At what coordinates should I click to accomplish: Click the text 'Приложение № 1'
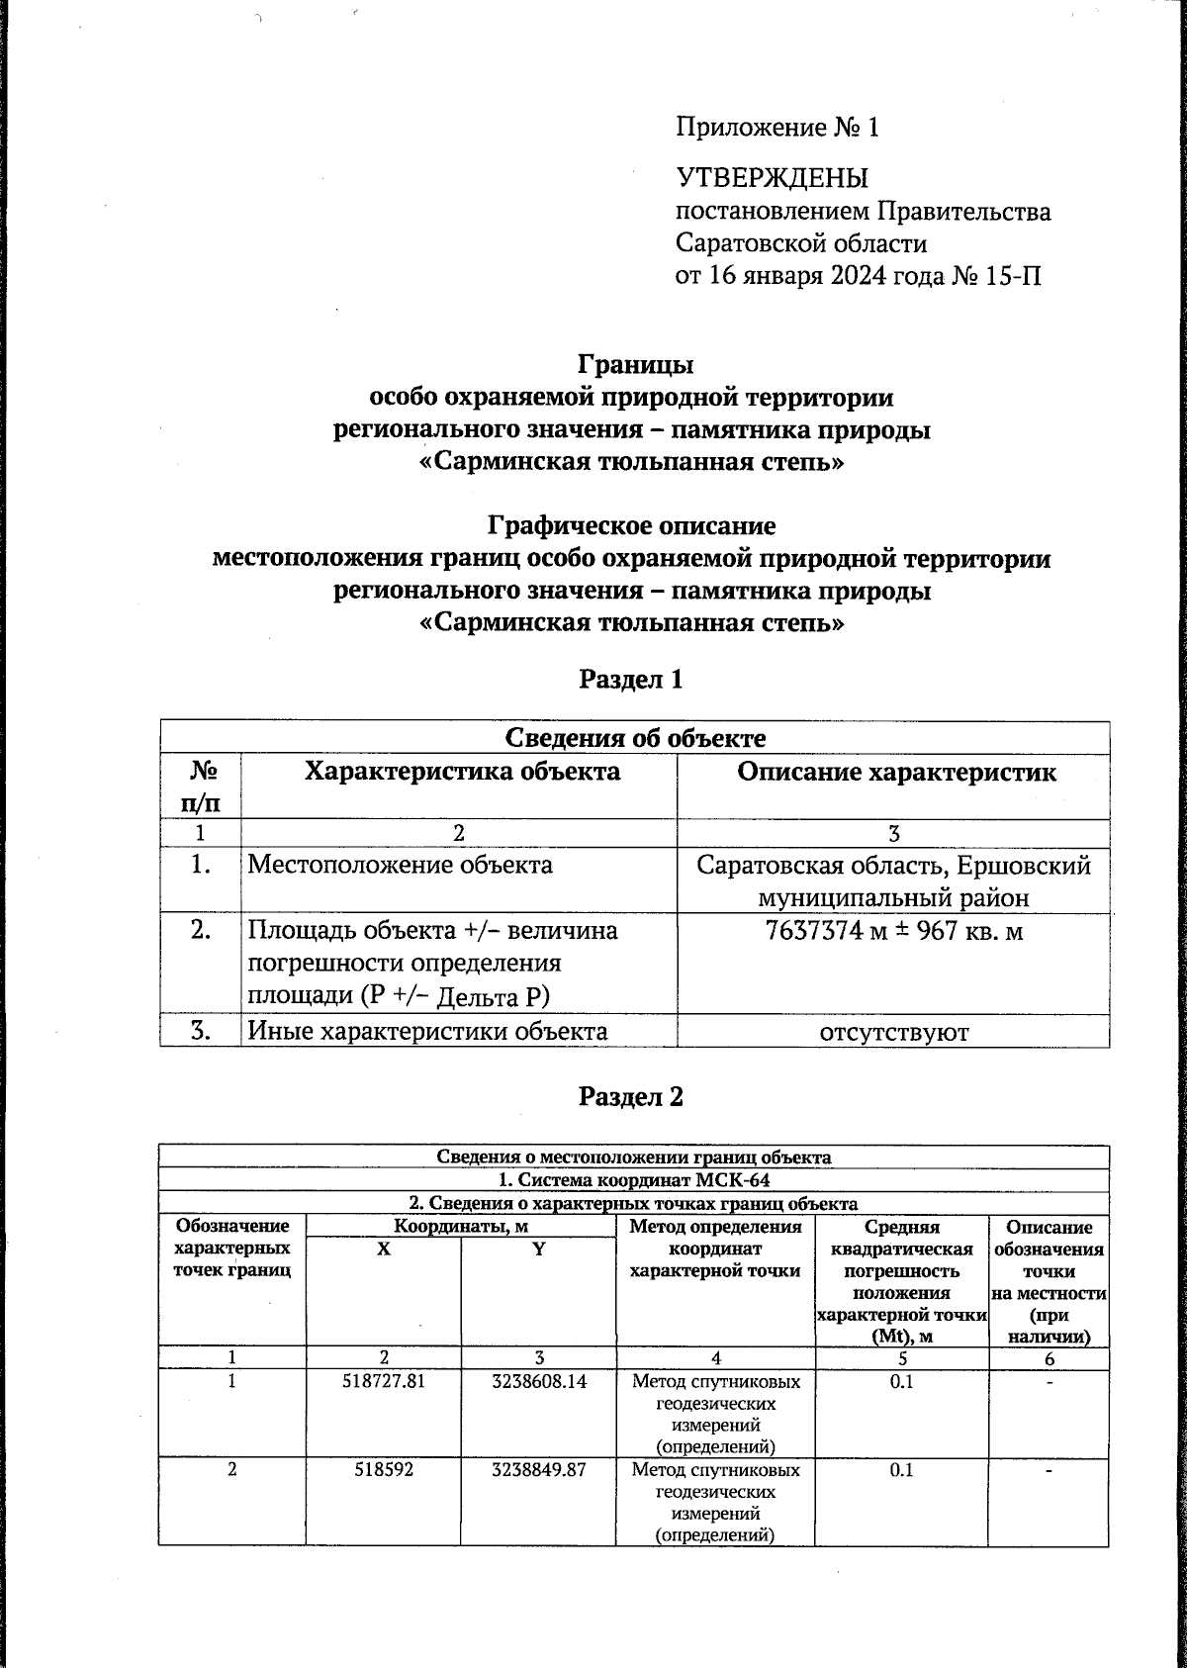point(776,128)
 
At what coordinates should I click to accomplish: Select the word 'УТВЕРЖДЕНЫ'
point(772,178)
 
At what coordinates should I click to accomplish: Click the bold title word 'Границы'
point(634,364)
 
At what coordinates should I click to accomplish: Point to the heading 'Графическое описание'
point(633,524)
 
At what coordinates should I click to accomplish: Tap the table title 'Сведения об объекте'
point(634,737)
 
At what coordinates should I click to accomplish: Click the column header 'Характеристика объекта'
point(462,772)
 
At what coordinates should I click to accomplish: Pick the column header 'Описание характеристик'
point(895,772)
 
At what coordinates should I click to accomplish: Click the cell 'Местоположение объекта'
point(400,865)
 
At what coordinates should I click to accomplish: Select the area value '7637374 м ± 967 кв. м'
point(893,930)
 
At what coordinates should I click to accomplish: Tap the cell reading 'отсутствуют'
point(893,1032)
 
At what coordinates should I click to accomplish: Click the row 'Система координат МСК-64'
point(633,1179)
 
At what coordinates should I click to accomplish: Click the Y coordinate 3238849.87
point(538,1469)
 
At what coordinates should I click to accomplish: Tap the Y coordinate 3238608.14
point(538,1380)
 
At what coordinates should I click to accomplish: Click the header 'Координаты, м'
point(460,1227)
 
